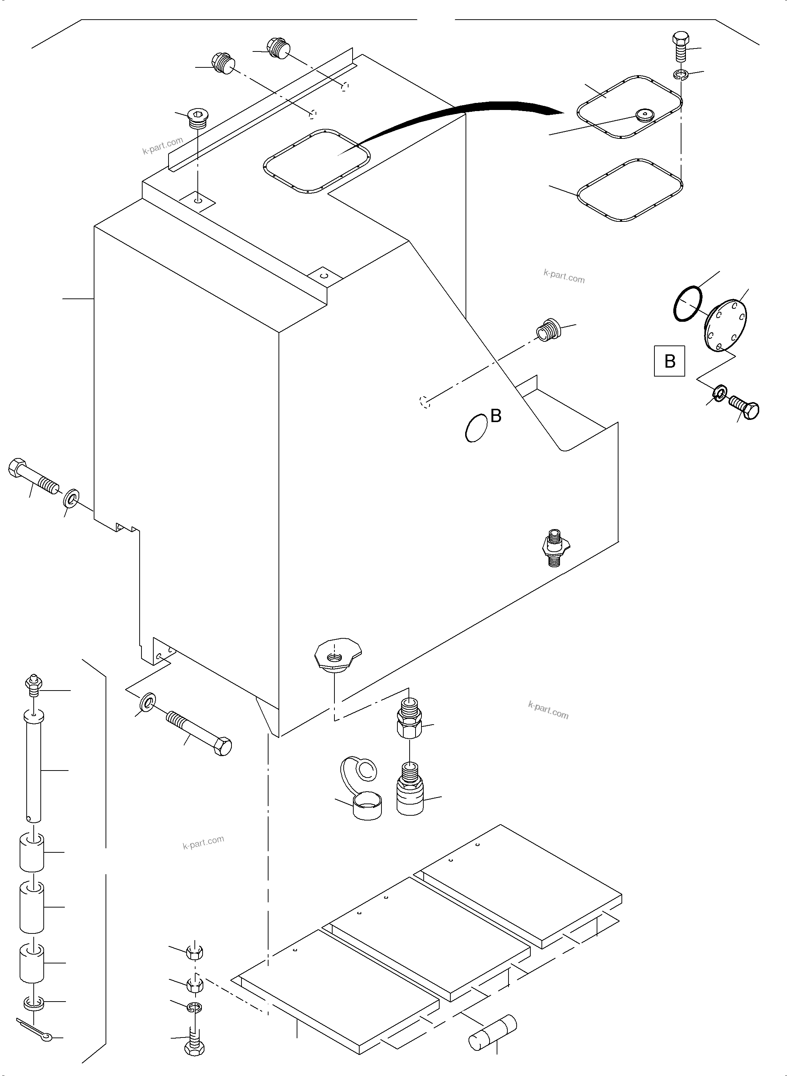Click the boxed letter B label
(669, 361)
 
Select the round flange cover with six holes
(725, 326)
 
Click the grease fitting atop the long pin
(33, 684)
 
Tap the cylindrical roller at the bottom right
(493, 1033)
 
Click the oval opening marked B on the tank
(476, 427)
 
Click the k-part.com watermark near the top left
(163, 146)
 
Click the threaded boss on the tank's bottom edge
(338, 656)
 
